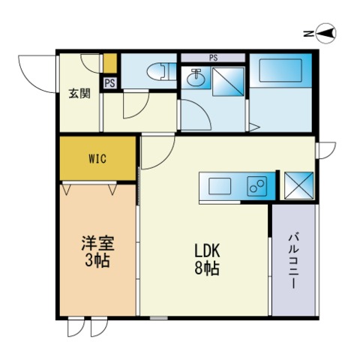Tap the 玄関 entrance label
click(x=79, y=94)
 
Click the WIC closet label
click(x=97, y=158)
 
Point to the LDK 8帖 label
click(x=207, y=259)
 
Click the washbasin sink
click(x=196, y=76)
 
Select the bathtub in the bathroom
click(x=280, y=70)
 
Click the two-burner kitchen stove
click(x=257, y=186)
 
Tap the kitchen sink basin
click(x=220, y=186)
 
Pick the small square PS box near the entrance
click(x=110, y=83)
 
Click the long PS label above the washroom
click(x=213, y=58)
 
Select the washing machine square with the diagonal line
click(x=228, y=82)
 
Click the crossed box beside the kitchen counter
click(x=299, y=186)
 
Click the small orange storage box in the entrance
click(x=110, y=64)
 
